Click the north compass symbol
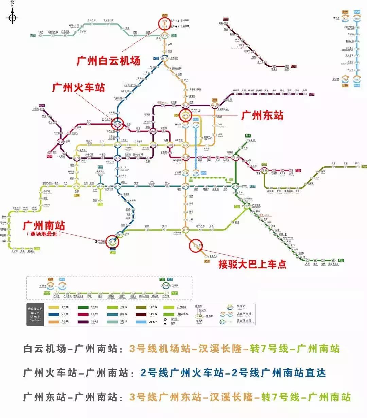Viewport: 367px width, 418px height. [12, 17]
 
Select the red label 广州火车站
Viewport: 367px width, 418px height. [78, 88]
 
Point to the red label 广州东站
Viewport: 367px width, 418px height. [262, 115]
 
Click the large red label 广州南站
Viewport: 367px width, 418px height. [44, 226]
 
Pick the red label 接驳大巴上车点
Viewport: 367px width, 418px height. [252, 264]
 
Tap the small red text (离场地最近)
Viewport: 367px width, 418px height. [44, 234]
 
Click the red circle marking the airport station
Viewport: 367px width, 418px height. [165, 24]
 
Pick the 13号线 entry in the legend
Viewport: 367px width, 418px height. [148, 307]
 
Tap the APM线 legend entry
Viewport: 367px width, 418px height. [148, 322]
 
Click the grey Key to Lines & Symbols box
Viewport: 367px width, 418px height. [35, 315]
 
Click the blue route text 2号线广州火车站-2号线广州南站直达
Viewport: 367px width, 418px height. [233, 373]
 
